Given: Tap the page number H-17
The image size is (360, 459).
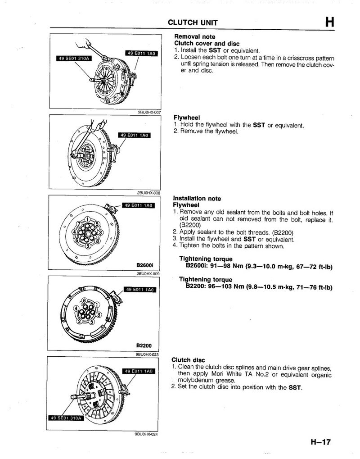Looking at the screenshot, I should (320, 442).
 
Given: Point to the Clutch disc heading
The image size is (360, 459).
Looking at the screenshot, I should (188, 360).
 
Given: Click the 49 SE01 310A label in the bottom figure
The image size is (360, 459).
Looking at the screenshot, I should (65, 418).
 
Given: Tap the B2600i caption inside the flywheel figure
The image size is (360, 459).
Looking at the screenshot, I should (145, 265).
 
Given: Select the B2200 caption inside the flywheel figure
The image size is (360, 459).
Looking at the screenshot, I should (144, 346).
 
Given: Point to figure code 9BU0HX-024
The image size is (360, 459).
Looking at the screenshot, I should (146, 434).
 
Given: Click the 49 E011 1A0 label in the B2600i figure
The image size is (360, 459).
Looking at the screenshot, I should (138, 206).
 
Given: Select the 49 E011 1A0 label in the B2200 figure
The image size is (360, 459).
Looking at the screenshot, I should (139, 290).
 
